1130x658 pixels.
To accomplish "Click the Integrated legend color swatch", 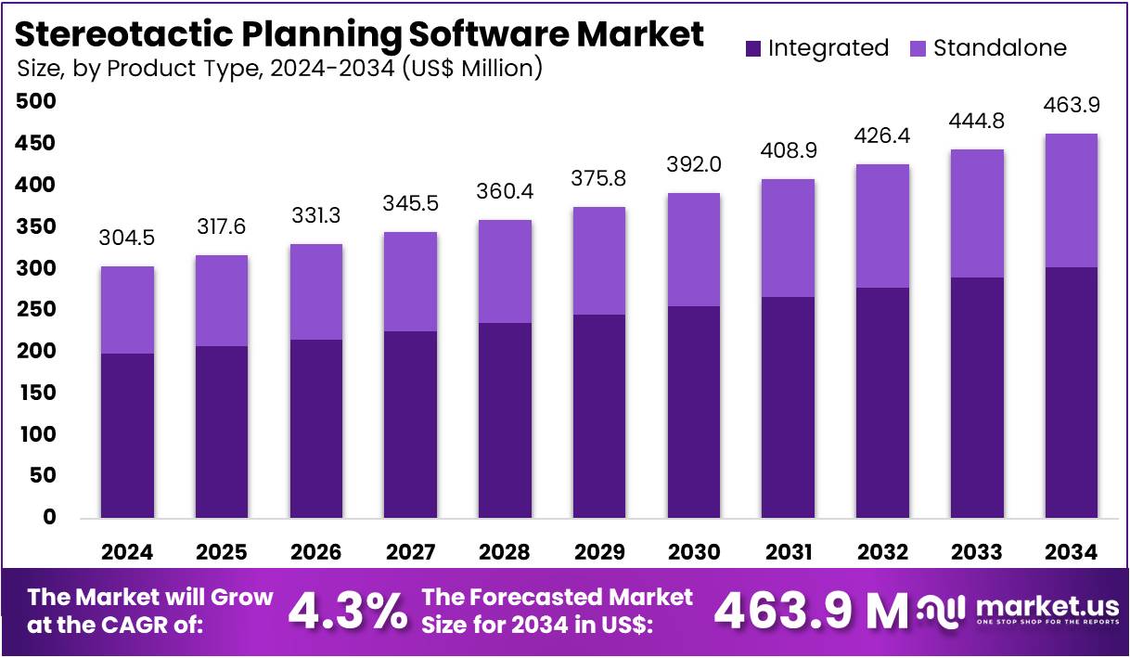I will click(x=752, y=48).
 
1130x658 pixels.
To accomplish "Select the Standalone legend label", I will click(x=1000, y=48).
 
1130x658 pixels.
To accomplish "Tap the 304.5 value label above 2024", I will click(x=127, y=239).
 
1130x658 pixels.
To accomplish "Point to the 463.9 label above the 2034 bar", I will click(x=1071, y=106).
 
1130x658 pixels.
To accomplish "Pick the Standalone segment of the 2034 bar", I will click(x=1071, y=200).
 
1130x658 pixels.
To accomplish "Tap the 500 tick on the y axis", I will click(x=37, y=101).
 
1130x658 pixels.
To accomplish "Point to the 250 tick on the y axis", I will click(x=37, y=309).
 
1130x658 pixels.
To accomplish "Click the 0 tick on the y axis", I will click(x=49, y=517).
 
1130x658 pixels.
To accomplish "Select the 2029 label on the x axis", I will click(x=599, y=553).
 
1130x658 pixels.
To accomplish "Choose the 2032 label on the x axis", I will click(x=882, y=553).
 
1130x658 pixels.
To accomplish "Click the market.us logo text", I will click(x=1045, y=605).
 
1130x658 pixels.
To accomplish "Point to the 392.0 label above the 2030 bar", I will click(x=694, y=165).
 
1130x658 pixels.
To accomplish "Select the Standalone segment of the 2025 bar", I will click(x=222, y=301).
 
